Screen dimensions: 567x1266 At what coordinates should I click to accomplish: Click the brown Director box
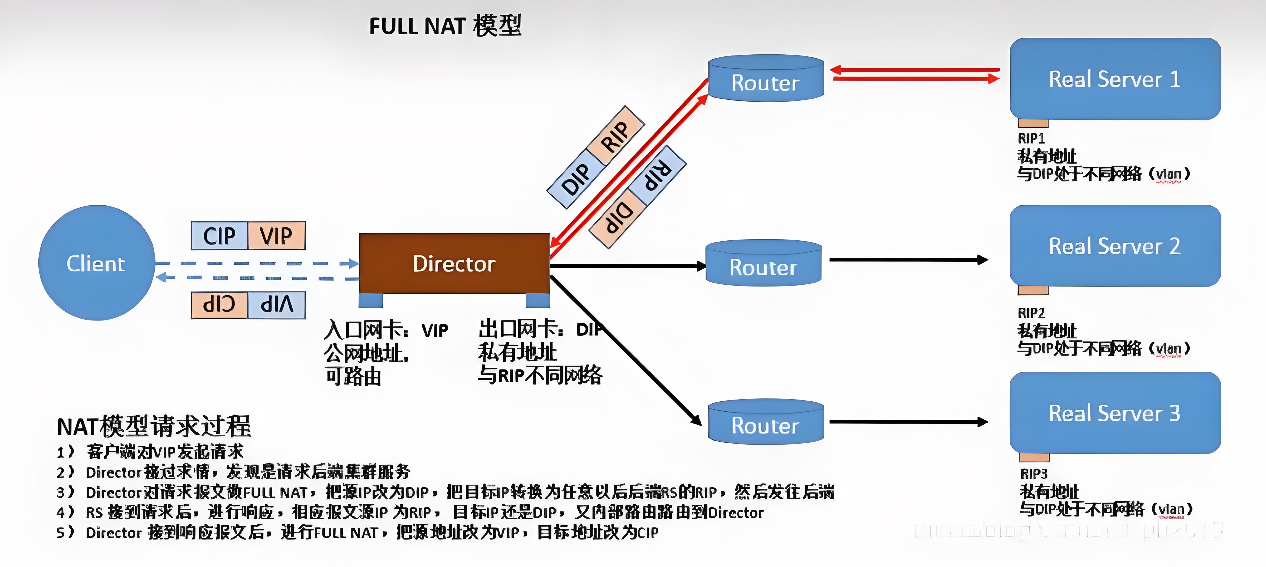pos(454,264)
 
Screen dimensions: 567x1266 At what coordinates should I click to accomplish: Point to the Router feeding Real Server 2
pos(763,264)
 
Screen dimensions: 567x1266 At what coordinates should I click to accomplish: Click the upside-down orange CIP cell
pos(219,305)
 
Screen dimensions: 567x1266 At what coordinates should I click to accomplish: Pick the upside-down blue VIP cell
pos(276,305)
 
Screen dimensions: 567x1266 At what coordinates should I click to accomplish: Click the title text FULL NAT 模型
pos(445,25)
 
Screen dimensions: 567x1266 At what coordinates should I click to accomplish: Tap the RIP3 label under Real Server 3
pos(1033,474)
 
